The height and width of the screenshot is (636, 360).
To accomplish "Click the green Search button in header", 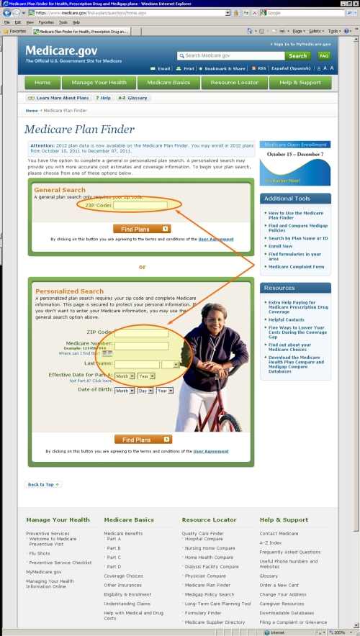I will click(x=298, y=55).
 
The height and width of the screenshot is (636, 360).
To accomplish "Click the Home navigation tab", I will click(x=42, y=83).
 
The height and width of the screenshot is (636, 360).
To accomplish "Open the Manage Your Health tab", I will click(x=99, y=83).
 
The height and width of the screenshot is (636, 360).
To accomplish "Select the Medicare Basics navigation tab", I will click(x=168, y=83).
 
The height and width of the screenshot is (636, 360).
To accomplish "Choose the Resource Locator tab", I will click(x=234, y=83).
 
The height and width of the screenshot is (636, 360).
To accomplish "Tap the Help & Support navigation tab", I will click(x=300, y=83).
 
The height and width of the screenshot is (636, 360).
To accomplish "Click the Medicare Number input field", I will click(x=141, y=345).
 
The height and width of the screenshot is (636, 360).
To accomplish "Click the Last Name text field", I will click(x=138, y=364).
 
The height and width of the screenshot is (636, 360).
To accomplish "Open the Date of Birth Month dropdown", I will click(x=125, y=390).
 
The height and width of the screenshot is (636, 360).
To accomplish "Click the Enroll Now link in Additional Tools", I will click(x=281, y=246).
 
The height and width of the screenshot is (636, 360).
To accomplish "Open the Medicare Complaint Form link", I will click(x=296, y=267).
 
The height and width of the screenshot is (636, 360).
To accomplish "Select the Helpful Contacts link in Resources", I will click(x=286, y=319).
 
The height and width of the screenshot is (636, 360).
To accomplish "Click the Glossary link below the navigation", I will click(x=134, y=98).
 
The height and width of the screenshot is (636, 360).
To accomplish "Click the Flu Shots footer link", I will click(x=41, y=553).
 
